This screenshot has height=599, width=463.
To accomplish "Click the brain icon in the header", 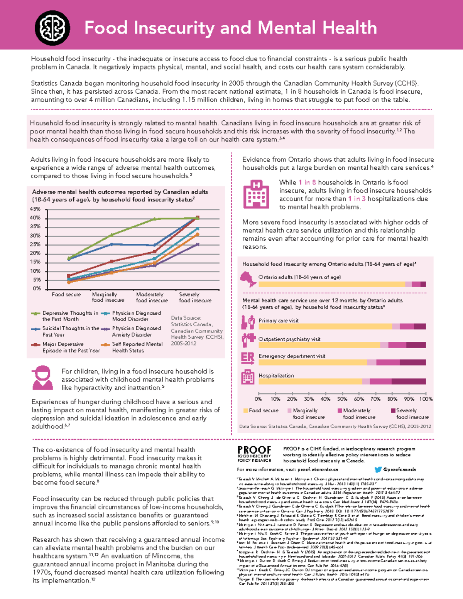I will click(52, 28).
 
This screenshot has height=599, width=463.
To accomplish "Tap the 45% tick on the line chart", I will click(35, 209).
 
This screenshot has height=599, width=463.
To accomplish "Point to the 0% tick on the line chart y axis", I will click(37, 289).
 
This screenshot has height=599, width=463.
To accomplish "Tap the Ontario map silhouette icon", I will click(248, 279).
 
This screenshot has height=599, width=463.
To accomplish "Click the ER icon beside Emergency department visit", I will click(248, 358).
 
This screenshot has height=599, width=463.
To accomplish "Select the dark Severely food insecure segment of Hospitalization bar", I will click(409, 381).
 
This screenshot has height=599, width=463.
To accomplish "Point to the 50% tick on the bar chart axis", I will click(342, 399).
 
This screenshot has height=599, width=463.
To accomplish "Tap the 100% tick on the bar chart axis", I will click(426, 399).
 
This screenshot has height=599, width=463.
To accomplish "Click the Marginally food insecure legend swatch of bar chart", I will click(290, 411).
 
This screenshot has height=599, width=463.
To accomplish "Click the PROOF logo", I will click(254, 454).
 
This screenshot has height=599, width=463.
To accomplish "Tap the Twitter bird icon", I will click(378, 469).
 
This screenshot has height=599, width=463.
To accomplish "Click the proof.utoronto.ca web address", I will click(318, 469).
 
